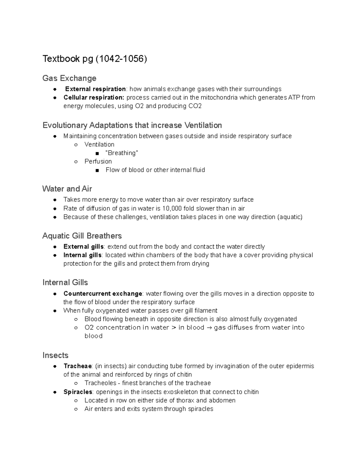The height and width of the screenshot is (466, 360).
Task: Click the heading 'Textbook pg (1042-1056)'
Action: [x=94, y=59]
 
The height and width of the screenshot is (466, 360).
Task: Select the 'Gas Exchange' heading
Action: [x=69, y=78]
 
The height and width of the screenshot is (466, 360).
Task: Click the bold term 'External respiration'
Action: [x=95, y=89]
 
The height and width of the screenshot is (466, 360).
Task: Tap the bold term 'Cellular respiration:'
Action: [x=94, y=97]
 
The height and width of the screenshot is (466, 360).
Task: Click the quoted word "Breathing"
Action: [x=122, y=153]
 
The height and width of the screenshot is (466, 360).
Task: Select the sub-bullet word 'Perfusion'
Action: [x=98, y=161]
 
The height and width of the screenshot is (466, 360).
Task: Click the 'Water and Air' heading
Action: [x=67, y=189]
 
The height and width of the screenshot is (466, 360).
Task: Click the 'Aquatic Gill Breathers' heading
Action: [x=82, y=236]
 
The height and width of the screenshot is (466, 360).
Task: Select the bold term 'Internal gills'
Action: [x=82, y=255]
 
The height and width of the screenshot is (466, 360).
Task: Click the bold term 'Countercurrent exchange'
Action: [x=103, y=293]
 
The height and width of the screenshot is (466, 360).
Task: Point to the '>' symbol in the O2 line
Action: [x=174, y=328]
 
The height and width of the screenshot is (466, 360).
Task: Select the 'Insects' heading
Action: [x=55, y=355]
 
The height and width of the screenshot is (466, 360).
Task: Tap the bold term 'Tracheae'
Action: [x=77, y=366]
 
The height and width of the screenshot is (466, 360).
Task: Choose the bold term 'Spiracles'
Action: [x=78, y=392]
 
